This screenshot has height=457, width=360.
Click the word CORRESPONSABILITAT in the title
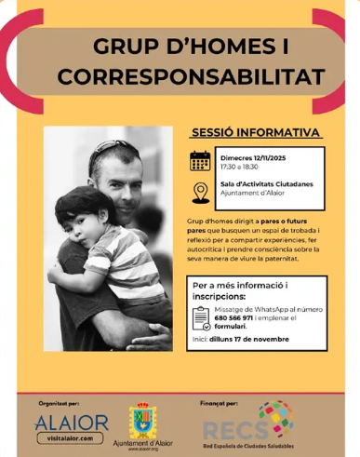(x=180, y=74)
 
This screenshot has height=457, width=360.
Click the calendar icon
(x=200, y=160)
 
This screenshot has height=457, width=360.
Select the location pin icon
(x=200, y=191)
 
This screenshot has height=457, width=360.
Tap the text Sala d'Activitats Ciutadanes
(x=260, y=186)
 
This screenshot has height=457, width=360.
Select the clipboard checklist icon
(x=201, y=319)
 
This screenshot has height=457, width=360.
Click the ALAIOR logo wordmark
(x=72, y=423)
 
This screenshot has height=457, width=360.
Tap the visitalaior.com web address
(x=72, y=437)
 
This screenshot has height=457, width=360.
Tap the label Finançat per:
(x=220, y=382)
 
